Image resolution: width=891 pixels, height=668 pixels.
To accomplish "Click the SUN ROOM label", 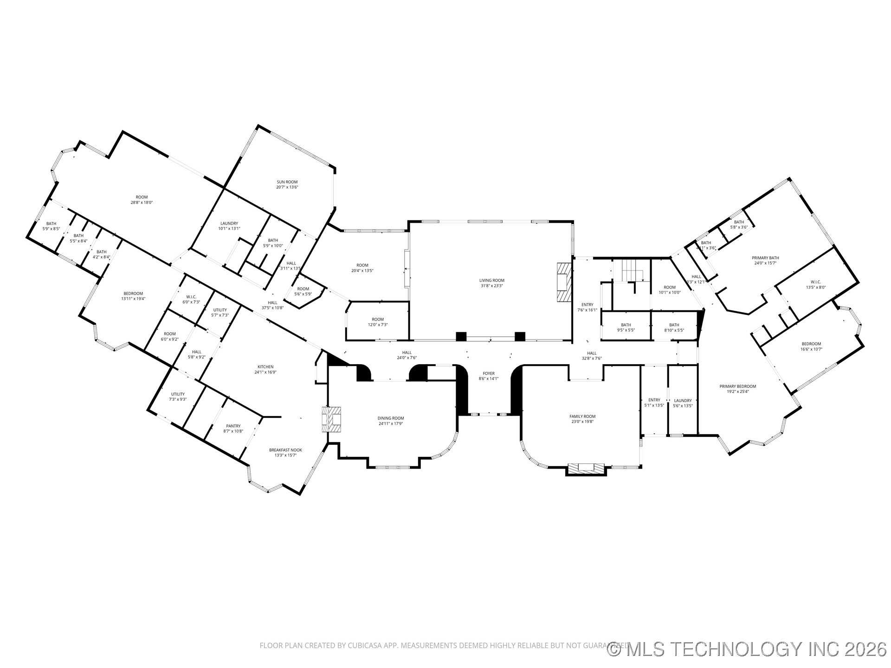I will [x=287, y=182].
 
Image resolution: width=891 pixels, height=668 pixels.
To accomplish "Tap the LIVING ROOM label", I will [x=491, y=280].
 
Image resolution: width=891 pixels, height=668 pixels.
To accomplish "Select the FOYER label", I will [x=488, y=373].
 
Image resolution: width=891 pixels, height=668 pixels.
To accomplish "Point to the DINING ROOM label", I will [x=390, y=418].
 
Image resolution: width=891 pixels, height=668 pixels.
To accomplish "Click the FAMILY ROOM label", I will [x=582, y=416].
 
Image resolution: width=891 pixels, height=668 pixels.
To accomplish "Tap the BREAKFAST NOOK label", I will [x=285, y=450].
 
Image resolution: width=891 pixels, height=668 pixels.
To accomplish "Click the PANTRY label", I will [x=233, y=426].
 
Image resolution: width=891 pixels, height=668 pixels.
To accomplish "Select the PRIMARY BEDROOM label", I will [x=737, y=386].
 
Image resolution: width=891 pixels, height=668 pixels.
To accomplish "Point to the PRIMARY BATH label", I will [x=765, y=258].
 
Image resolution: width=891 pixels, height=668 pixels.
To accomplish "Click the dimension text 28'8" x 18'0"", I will [x=142, y=202].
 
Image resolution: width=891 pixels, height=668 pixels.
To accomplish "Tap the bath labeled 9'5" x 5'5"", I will [x=626, y=328].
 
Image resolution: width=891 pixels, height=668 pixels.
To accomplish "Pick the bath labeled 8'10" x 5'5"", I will [x=674, y=328].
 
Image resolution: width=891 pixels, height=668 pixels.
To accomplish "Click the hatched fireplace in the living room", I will [x=563, y=283].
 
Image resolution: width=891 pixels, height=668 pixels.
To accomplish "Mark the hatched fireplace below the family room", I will [x=587, y=469].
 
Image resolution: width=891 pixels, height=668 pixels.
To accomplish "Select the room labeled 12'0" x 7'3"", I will [x=377, y=322].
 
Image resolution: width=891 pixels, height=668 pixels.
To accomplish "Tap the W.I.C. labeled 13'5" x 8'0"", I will [x=815, y=284].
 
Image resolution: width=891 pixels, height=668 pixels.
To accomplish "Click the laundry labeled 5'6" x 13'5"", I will [x=683, y=403].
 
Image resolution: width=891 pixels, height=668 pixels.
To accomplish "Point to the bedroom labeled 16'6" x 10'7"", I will [x=810, y=346].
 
